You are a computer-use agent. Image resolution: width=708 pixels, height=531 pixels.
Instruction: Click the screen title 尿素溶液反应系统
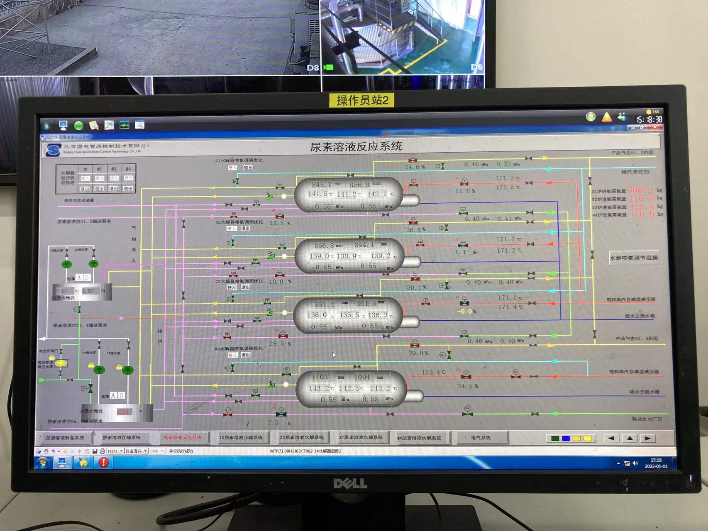click(356, 146)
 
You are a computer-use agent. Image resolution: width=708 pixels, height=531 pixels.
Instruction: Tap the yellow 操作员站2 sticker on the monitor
click(362, 100)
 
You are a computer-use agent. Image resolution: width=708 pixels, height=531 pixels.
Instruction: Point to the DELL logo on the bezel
click(350, 483)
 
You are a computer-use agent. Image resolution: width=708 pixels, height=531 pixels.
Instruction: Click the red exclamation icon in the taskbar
click(103, 462)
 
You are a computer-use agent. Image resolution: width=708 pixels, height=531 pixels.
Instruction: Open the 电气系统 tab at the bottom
click(481, 438)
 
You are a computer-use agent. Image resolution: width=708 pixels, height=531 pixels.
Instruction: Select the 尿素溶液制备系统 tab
click(65, 438)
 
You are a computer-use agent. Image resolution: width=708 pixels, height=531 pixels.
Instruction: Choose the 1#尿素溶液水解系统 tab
click(241, 438)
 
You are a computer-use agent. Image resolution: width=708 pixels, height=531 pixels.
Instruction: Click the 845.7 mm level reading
click(322, 185)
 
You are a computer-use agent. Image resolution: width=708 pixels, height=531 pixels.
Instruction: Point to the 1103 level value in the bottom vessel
click(320, 377)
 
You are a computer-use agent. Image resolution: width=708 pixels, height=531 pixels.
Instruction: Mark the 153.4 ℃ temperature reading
click(433, 372)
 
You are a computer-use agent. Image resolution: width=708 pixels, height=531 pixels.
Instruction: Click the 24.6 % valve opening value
click(415, 167)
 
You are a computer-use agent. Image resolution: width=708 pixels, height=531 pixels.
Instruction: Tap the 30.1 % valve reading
click(416, 287)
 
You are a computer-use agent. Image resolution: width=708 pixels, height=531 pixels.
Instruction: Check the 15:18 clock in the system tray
click(656, 460)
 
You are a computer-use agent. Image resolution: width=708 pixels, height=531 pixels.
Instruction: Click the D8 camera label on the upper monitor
click(312, 67)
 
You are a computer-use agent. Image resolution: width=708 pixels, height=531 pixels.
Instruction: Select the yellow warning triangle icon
click(606, 117)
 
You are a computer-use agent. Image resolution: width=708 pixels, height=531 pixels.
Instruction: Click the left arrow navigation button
click(611, 438)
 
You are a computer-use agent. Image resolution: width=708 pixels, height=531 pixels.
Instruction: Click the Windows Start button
click(43, 462)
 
